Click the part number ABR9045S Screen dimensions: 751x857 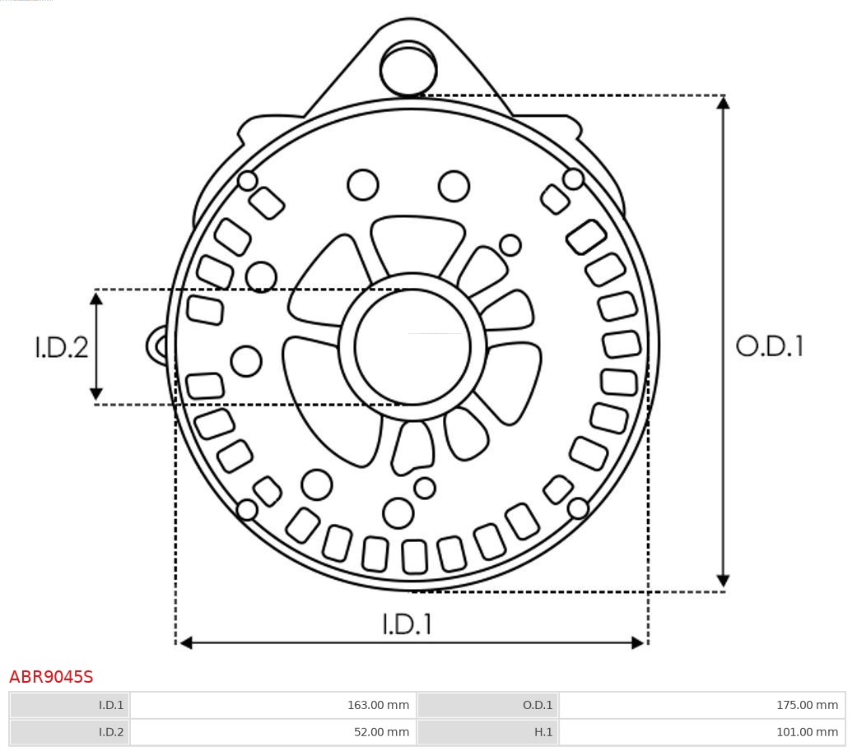tap(51, 677)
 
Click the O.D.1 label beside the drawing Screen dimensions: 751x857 tap(769, 346)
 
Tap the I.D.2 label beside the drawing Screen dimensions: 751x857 tap(61, 347)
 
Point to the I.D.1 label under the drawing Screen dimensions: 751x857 tap(407, 624)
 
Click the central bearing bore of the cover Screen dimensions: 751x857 tap(412, 346)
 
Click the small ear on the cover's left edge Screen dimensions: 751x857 tap(156, 345)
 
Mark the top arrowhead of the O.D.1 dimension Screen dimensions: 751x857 tap(723, 103)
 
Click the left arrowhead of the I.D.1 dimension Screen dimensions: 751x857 tap(185, 642)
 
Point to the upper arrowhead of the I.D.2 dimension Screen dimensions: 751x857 tap(96, 298)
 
